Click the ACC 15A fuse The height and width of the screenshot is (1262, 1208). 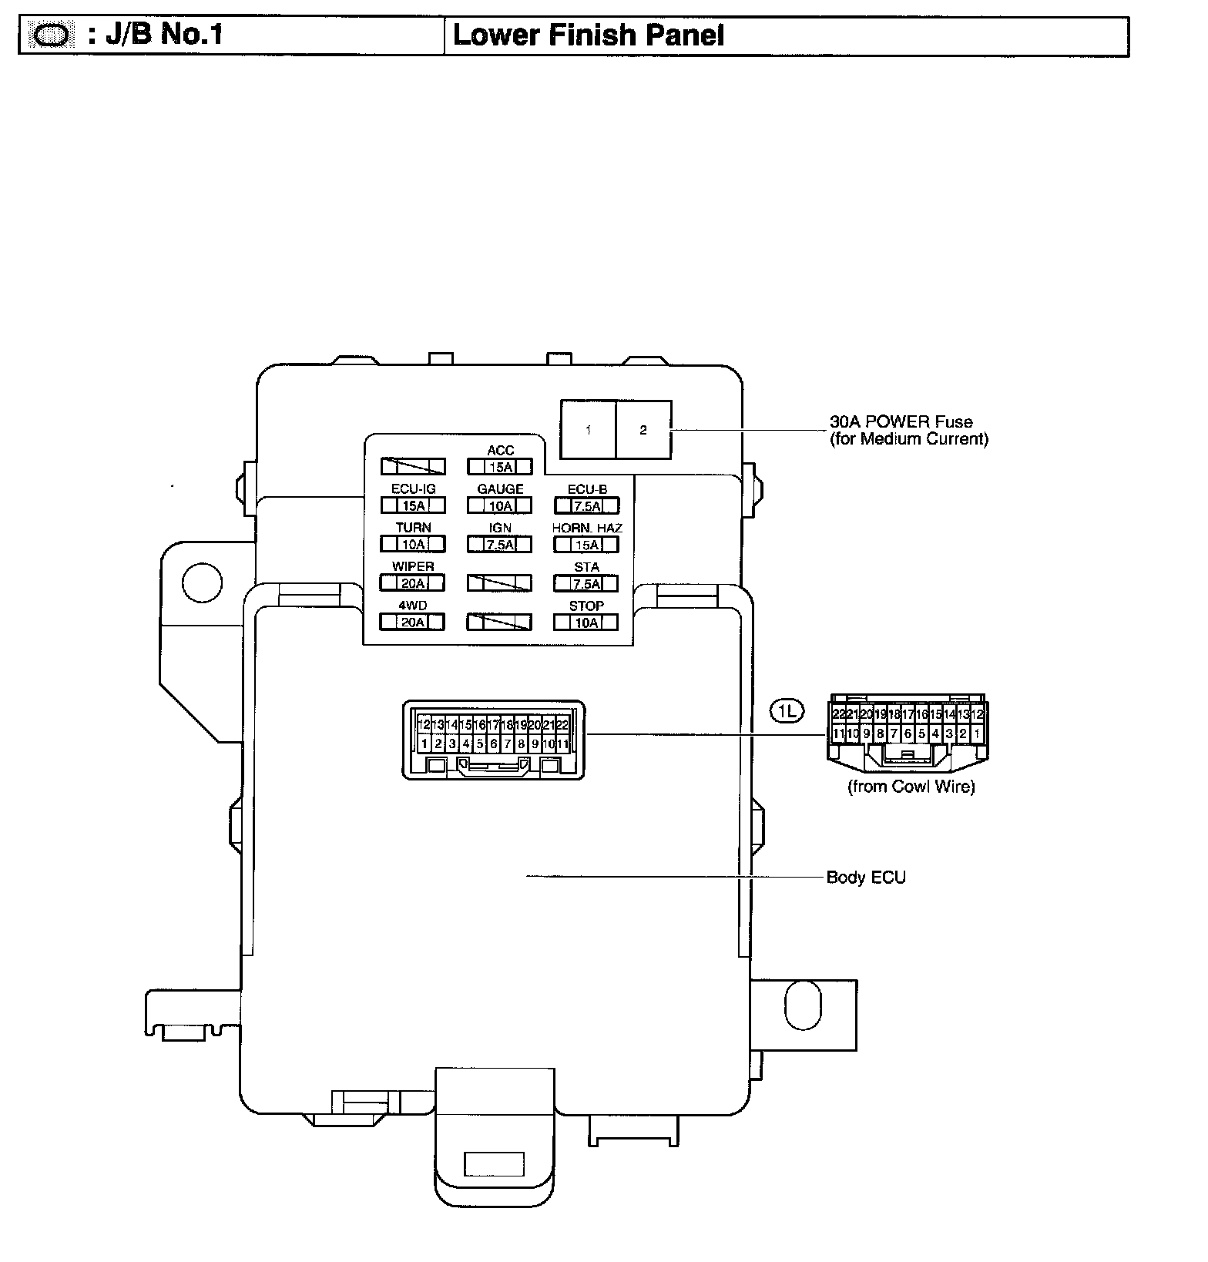click(x=500, y=467)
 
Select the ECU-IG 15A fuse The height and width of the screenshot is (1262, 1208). click(x=414, y=505)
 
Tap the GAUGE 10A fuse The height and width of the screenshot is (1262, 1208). click(x=500, y=505)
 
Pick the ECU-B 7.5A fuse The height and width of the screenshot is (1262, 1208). click(x=587, y=505)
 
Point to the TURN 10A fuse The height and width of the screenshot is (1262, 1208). click(x=414, y=545)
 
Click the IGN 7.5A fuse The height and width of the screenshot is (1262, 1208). click(x=500, y=545)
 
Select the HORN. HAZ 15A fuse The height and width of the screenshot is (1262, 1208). click(x=587, y=545)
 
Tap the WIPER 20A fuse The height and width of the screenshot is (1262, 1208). click(x=414, y=583)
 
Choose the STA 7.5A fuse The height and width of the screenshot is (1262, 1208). click(x=587, y=583)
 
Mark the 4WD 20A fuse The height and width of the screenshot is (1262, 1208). click(x=414, y=622)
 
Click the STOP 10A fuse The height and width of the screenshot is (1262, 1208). click(x=587, y=622)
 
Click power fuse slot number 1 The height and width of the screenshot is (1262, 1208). click(x=589, y=430)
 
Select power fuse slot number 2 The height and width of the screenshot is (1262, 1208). click(x=643, y=430)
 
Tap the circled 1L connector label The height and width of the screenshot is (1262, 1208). click(x=787, y=712)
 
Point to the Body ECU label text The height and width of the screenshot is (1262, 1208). click(x=866, y=877)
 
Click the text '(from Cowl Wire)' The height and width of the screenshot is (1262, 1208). click(x=911, y=787)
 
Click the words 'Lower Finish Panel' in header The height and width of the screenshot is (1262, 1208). click(x=589, y=35)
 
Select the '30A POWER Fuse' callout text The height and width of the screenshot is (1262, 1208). click(x=901, y=422)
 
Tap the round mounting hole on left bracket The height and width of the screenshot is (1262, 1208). click(x=202, y=582)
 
